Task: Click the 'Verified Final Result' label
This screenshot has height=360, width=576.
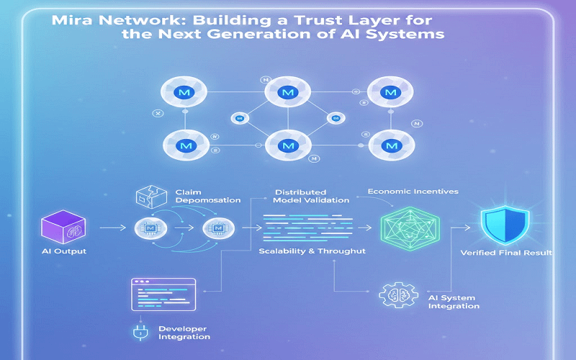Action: (507, 253)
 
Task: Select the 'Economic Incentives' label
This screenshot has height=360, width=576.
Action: (413, 192)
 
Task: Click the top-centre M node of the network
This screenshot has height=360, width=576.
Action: (288, 93)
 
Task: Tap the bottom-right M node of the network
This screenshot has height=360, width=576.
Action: (392, 146)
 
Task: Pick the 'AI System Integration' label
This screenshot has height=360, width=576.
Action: (454, 302)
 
